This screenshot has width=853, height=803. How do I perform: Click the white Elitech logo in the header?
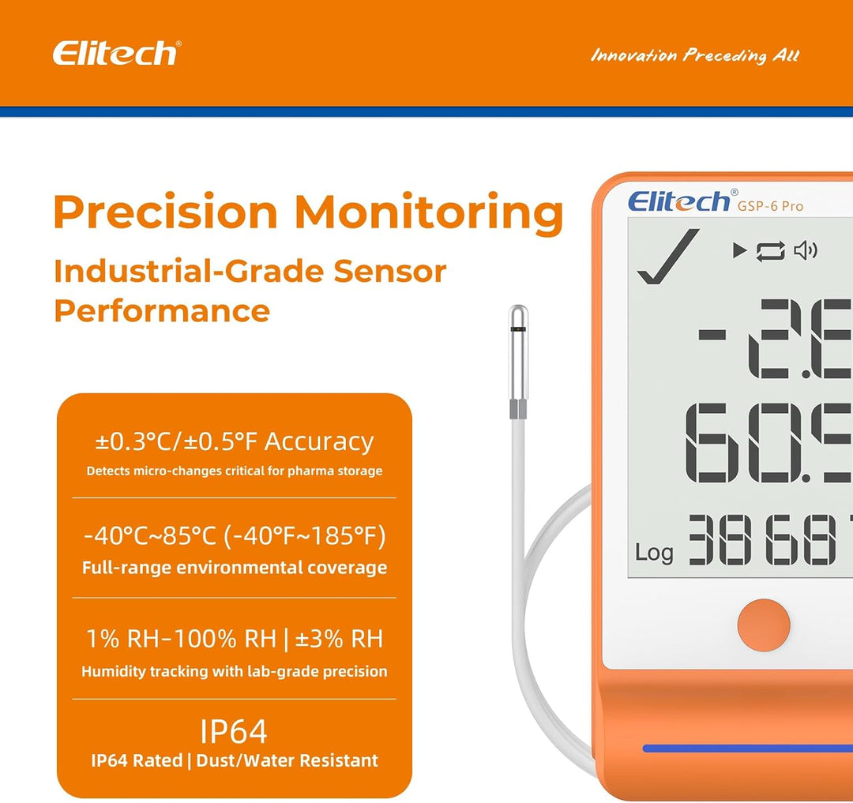116,54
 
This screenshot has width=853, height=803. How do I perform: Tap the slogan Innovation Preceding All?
695,55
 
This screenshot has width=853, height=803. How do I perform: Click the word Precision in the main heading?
165,213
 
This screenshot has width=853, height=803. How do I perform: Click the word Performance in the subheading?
162,310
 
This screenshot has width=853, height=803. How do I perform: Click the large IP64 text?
234,732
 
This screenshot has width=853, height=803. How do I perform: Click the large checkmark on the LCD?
668,256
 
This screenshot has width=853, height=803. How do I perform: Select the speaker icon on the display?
805,251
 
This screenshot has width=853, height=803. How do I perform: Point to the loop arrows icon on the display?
771,251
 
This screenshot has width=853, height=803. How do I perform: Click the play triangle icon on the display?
739,251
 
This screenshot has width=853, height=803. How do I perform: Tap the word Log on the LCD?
654,552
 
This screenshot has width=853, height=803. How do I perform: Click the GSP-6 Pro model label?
770,206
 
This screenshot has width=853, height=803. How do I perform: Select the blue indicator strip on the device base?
747,749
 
